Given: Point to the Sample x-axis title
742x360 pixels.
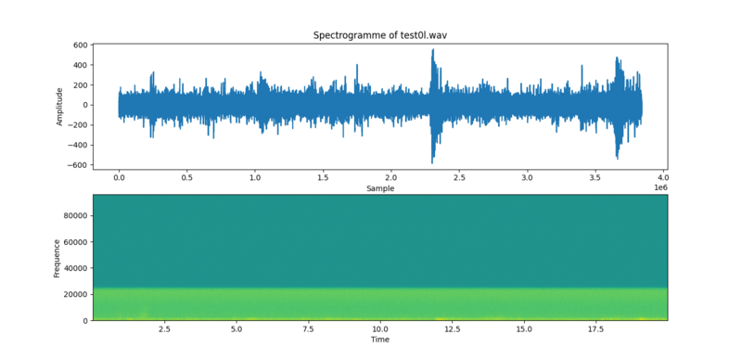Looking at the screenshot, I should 379,187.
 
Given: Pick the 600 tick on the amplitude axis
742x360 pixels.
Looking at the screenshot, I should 80,45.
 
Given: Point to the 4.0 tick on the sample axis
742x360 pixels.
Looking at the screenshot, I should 663,177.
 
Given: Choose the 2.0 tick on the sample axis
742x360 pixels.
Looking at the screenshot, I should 391,177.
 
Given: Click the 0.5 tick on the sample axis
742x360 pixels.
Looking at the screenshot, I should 187,177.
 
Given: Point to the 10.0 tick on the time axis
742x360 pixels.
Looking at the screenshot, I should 380,329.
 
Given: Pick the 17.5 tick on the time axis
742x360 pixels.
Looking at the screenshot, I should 596,329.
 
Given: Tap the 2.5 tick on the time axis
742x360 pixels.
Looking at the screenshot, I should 164,329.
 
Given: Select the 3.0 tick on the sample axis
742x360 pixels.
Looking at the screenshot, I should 527,177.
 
